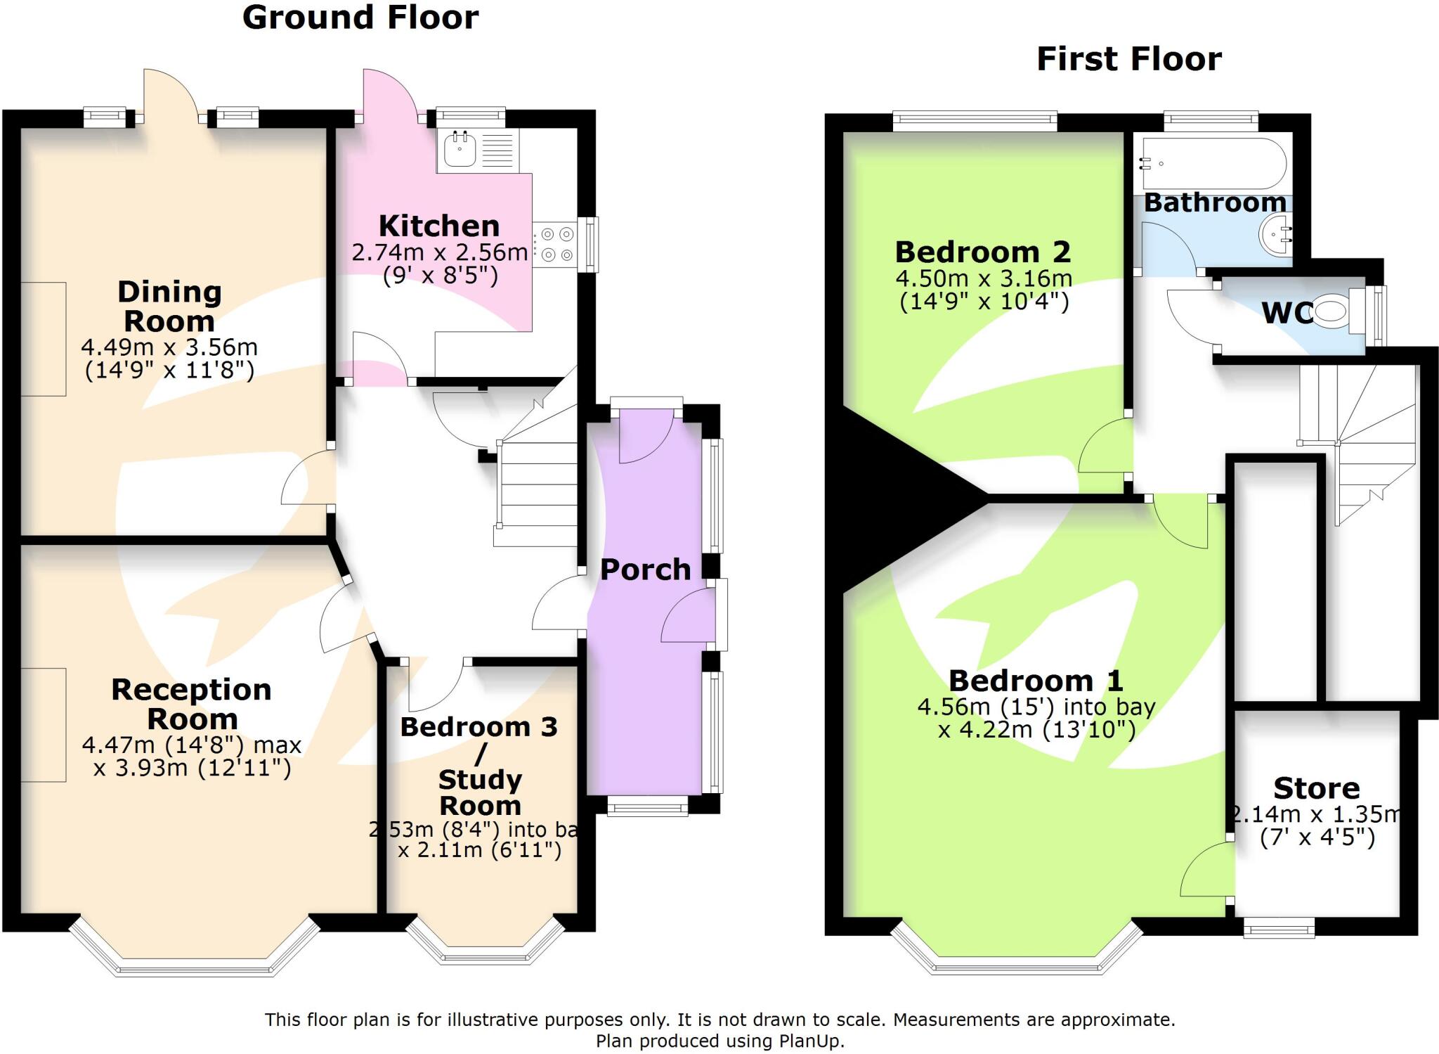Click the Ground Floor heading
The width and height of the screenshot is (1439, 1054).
click(360, 18)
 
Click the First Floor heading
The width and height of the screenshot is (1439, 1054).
click(1128, 59)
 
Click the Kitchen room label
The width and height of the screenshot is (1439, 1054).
click(439, 226)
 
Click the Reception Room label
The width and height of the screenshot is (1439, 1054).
click(191, 704)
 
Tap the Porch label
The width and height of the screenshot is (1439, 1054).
click(645, 570)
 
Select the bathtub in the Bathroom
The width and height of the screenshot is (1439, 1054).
click(1213, 164)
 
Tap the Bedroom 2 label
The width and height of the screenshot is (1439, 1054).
click(983, 252)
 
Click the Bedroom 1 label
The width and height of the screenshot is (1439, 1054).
click(1036, 681)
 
